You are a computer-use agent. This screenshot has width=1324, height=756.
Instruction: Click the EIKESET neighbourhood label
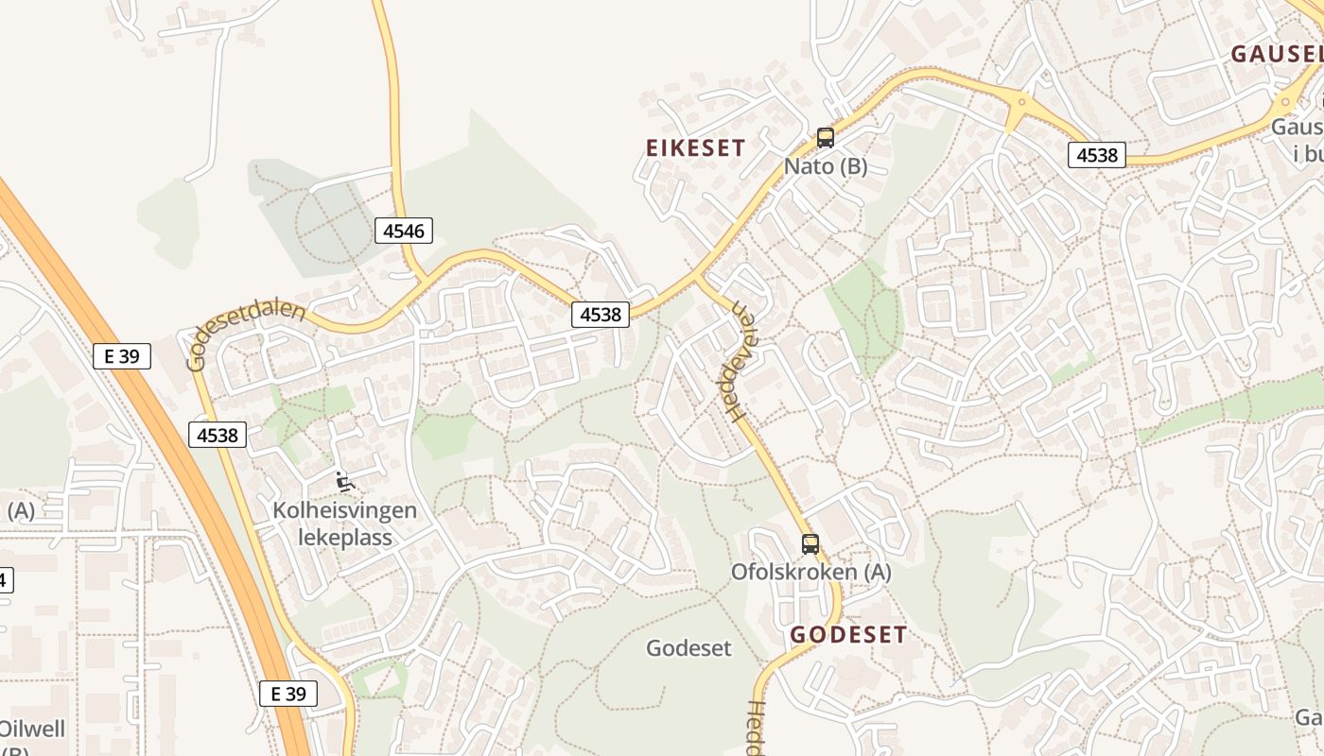(x=695, y=147)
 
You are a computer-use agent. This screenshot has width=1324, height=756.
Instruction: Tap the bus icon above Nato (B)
(x=826, y=138)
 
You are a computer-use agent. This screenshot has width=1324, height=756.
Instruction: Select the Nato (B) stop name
(x=826, y=166)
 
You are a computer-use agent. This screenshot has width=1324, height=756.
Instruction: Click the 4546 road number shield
(x=404, y=230)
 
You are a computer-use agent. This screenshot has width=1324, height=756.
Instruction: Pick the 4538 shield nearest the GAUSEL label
(x=1097, y=154)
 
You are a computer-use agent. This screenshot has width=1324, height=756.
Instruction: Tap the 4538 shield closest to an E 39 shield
(x=218, y=435)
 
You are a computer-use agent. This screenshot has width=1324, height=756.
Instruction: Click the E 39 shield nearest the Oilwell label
(x=288, y=694)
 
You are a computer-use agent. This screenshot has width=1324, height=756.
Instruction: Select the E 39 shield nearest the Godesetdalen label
(x=122, y=356)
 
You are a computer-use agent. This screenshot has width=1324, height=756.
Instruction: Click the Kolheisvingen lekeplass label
(x=344, y=524)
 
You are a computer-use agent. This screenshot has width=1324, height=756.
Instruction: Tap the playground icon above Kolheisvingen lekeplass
(x=344, y=482)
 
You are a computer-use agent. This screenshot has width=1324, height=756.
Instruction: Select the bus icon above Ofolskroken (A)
(x=810, y=543)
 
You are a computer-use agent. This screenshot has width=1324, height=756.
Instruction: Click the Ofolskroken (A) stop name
(x=810, y=572)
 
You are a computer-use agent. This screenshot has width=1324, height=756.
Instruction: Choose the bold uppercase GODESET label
(x=848, y=634)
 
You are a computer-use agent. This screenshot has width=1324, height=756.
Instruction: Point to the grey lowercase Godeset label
(x=688, y=647)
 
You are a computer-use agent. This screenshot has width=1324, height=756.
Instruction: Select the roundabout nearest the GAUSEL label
(x=1284, y=103)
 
